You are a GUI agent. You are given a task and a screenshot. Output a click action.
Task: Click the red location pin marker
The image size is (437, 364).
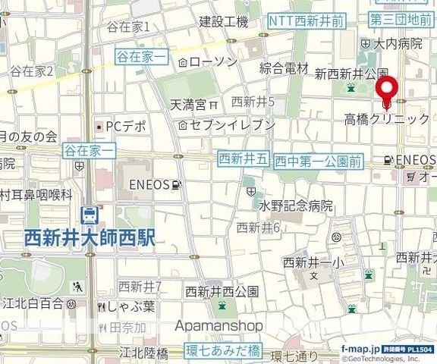pos(387,89)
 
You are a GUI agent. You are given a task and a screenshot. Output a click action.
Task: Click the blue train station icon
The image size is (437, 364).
pos(89,215)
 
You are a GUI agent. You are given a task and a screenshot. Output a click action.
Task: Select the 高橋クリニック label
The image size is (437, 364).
pos(386,119)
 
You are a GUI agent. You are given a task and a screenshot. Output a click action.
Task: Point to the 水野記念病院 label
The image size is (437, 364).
pos(297,206)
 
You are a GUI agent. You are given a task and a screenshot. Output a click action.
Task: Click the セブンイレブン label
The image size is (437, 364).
pos(232,124)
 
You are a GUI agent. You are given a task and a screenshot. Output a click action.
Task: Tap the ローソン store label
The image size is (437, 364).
pos(213,62)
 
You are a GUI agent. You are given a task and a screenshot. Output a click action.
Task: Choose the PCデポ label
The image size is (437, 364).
pos(124,126)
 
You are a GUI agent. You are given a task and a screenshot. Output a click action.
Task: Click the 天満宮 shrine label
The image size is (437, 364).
pos(188,103)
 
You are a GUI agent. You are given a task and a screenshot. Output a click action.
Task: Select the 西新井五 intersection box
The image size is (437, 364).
pos(243,158)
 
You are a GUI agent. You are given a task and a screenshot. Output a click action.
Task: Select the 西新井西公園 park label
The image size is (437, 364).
pos(222,291)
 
